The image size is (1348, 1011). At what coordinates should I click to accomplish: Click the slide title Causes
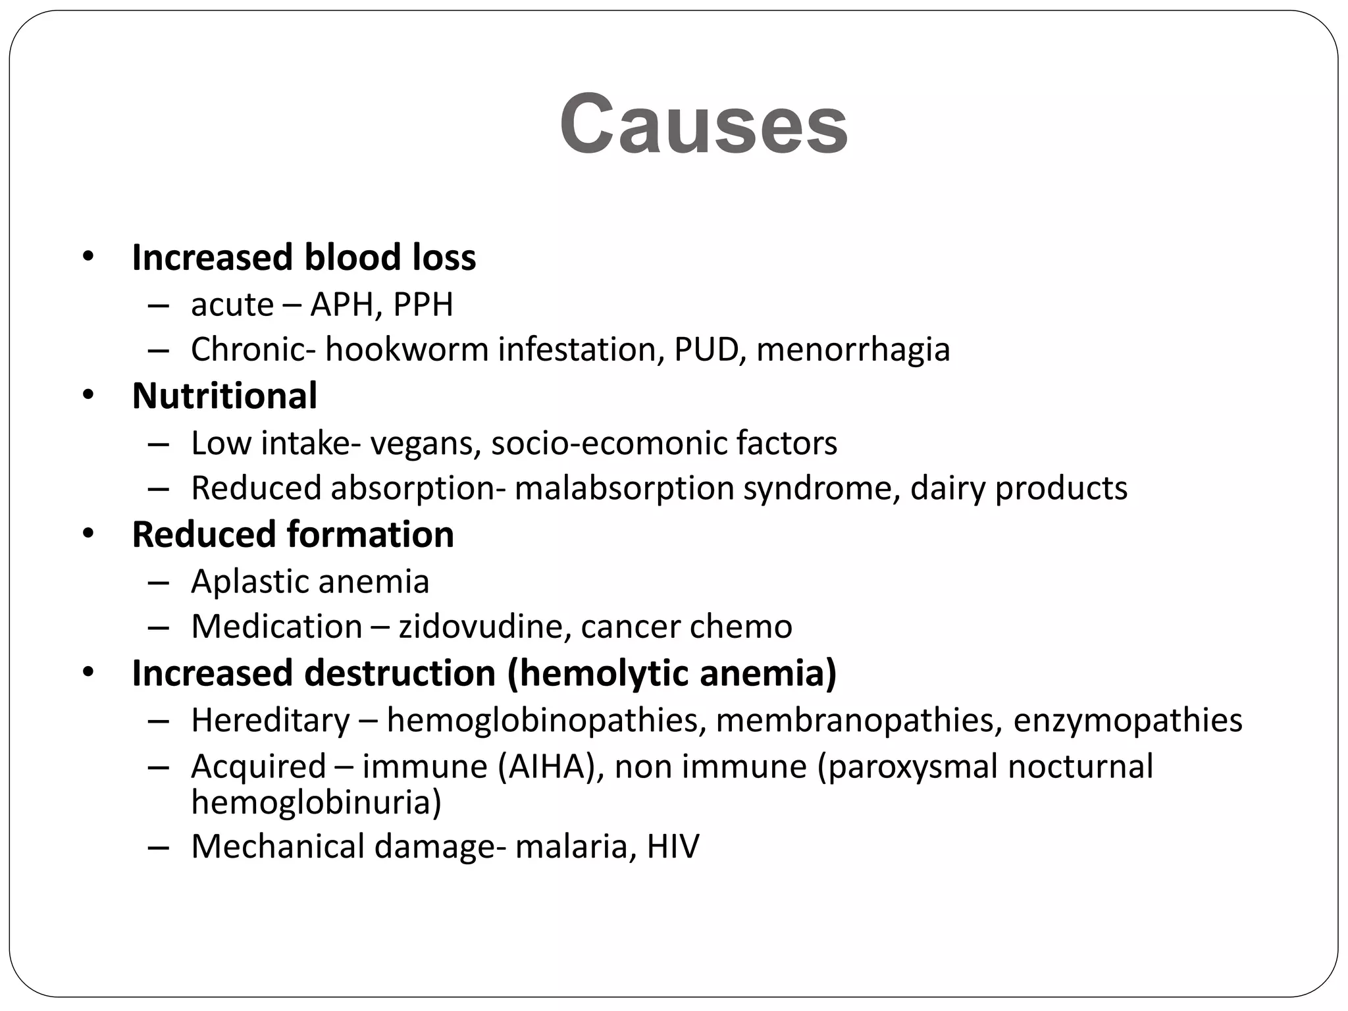point(704,124)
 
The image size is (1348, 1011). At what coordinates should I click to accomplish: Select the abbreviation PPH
point(423,305)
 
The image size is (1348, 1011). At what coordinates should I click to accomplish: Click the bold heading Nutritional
point(224,396)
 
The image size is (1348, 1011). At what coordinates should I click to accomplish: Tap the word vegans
point(421,444)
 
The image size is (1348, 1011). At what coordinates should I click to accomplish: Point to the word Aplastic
point(249,582)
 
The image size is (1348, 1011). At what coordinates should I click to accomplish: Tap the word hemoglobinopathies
point(542,720)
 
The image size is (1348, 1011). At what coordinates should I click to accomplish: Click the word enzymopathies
point(1128,720)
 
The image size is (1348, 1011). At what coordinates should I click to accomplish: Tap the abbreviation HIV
point(673,846)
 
